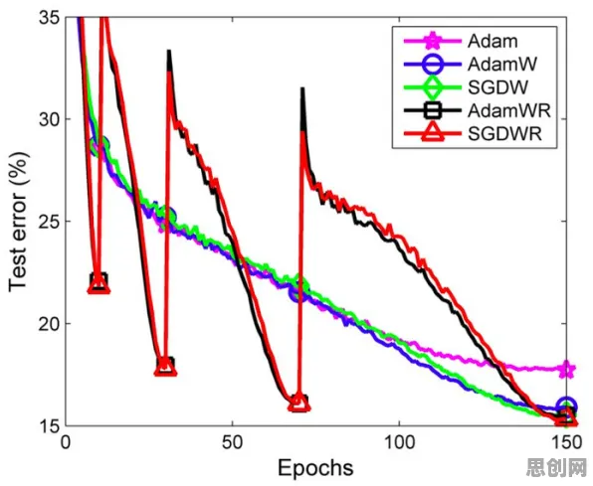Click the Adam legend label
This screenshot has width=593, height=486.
coord(493,41)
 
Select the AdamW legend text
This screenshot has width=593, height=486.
coord(502,64)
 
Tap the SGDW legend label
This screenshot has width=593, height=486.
coord(497,87)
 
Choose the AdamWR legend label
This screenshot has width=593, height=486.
coord(509,110)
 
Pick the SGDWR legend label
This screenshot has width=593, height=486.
coord(504,134)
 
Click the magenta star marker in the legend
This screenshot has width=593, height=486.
coord(433,41)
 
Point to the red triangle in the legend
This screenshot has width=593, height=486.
coord(433,133)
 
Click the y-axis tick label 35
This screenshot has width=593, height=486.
coord(49,17)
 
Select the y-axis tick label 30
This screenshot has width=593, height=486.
coord(49,119)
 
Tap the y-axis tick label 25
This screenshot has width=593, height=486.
coord(49,222)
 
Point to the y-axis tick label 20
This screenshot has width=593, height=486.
coord(49,324)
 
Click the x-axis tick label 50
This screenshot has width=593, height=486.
coord(233,442)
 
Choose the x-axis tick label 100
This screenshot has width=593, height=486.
coord(399,442)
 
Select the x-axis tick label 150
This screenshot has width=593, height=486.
coord(566,442)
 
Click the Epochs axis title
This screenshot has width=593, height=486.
coord(315,468)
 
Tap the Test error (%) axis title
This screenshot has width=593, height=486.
coord(19,223)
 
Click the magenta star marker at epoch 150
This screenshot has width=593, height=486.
coord(566,369)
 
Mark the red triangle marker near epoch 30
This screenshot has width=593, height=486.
coord(165,367)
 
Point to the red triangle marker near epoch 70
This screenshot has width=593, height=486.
coord(299,403)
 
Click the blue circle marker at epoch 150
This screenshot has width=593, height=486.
coord(566,405)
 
